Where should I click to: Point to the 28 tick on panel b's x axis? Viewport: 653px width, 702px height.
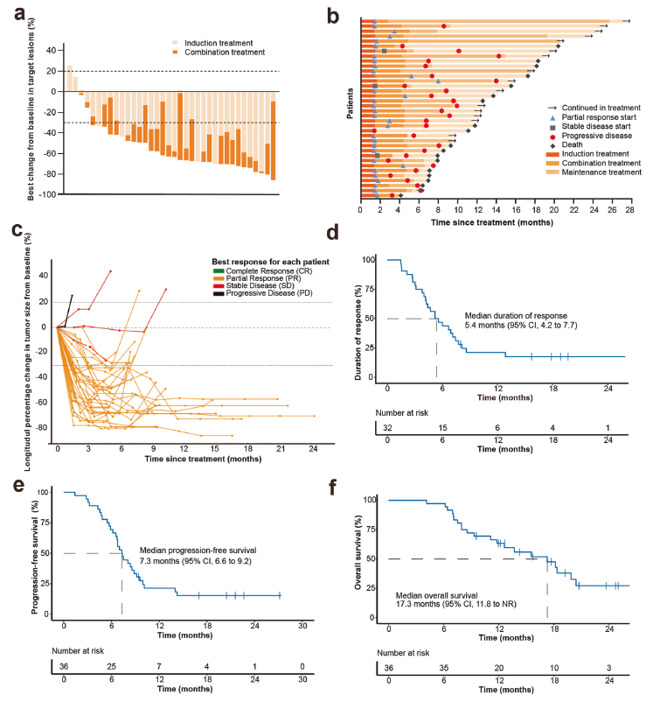point(629,210)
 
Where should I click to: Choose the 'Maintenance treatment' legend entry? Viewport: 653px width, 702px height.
point(601,172)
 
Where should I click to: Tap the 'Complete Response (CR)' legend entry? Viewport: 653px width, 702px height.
point(267,270)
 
